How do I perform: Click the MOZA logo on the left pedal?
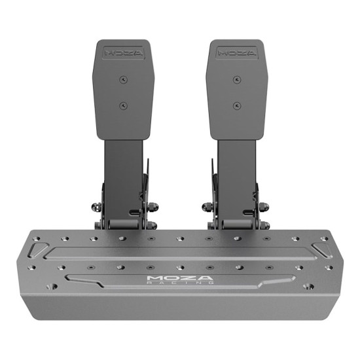tap(123, 53)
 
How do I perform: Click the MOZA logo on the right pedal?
tap(237, 53)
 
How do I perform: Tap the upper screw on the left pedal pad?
tap(123, 80)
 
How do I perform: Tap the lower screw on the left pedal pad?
tap(123, 106)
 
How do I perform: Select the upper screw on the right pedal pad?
tap(237, 80)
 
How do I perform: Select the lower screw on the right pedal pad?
tap(237, 106)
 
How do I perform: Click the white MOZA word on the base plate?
tap(180, 278)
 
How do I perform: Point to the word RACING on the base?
tap(180, 283)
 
